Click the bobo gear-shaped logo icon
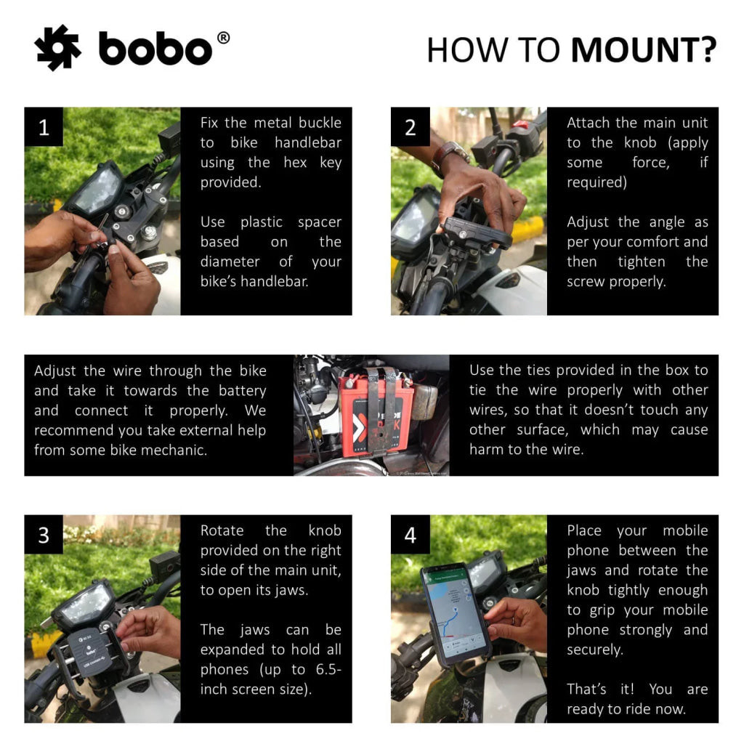57,48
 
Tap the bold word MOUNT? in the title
644,50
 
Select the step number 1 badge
44,128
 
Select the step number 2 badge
411,128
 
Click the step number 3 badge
44,535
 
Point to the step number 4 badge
411,535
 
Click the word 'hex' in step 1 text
295,162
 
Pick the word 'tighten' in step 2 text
641,262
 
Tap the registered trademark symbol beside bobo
223,38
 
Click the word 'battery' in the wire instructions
242,390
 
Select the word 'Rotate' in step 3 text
222,530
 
